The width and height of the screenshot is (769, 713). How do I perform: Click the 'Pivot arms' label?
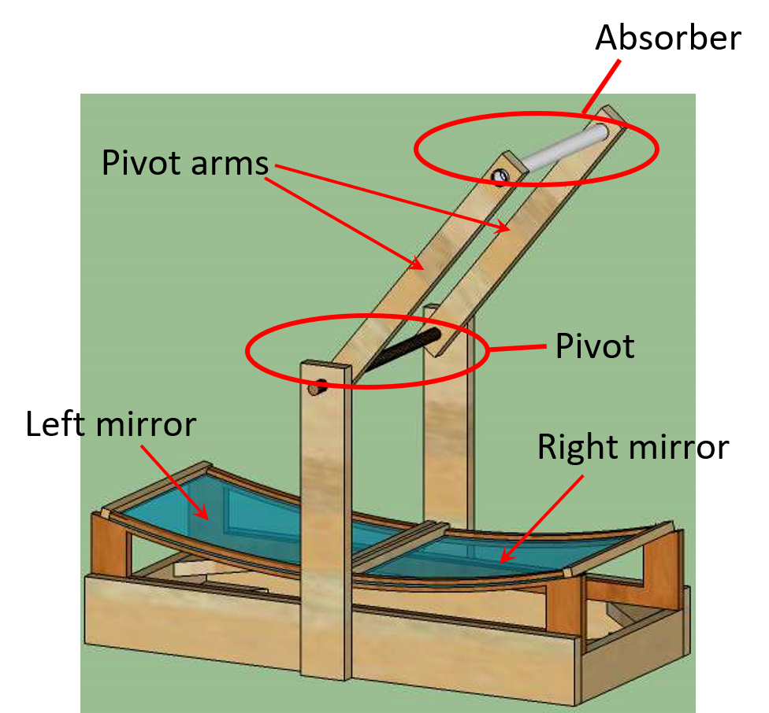185,164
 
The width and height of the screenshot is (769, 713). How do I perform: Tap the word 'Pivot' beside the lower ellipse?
595,346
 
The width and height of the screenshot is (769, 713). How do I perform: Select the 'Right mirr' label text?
615,447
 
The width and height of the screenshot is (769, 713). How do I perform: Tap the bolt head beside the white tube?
500,175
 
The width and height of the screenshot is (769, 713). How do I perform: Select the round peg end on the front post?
316,387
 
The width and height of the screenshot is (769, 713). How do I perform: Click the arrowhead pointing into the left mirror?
202,514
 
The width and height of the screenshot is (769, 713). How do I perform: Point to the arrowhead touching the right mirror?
507,557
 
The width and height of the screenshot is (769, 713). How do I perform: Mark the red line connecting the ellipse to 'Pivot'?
517,348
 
